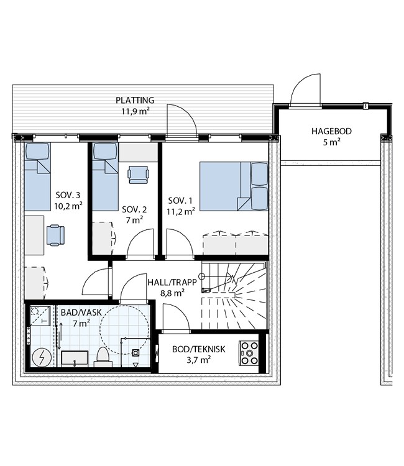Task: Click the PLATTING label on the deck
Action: click(x=135, y=100)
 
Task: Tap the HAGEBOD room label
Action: click(x=331, y=131)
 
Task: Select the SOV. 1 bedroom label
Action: click(x=180, y=201)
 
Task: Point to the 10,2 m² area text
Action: click(x=68, y=206)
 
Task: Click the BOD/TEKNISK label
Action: click(x=198, y=349)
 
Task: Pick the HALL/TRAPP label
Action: click(x=172, y=282)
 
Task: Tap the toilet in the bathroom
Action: click(x=103, y=357)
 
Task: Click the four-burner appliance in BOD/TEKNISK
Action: click(x=249, y=353)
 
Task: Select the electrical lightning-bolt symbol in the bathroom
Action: click(x=41, y=357)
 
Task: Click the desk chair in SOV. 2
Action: click(x=138, y=175)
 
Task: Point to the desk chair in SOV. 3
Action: click(x=55, y=235)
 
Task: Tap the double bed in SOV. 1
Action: click(x=234, y=186)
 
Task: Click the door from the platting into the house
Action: click(x=182, y=121)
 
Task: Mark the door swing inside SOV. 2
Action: click(x=141, y=242)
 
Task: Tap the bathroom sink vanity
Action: click(x=75, y=359)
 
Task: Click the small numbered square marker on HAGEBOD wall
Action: click(x=365, y=106)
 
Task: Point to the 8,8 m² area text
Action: click(x=172, y=293)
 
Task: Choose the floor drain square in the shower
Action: click(x=135, y=352)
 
